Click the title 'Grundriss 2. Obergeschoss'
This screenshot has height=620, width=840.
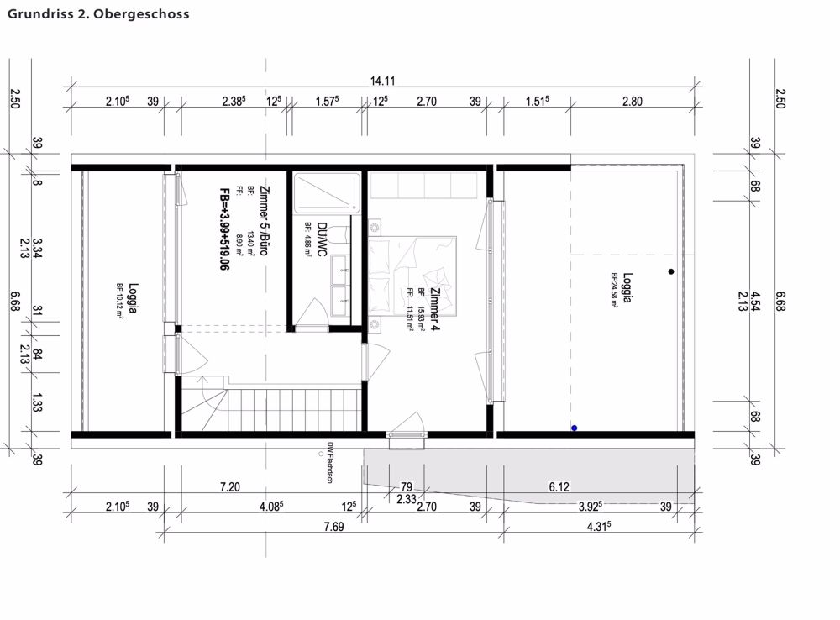tap(98, 14)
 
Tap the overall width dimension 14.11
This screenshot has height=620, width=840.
tap(383, 81)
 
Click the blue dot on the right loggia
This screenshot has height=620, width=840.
tap(575, 428)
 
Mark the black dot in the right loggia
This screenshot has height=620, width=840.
tap(670, 271)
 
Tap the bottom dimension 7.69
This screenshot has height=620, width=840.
tap(333, 526)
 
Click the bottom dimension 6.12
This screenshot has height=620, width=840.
tap(559, 486)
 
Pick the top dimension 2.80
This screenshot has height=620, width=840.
tap(632, 102)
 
